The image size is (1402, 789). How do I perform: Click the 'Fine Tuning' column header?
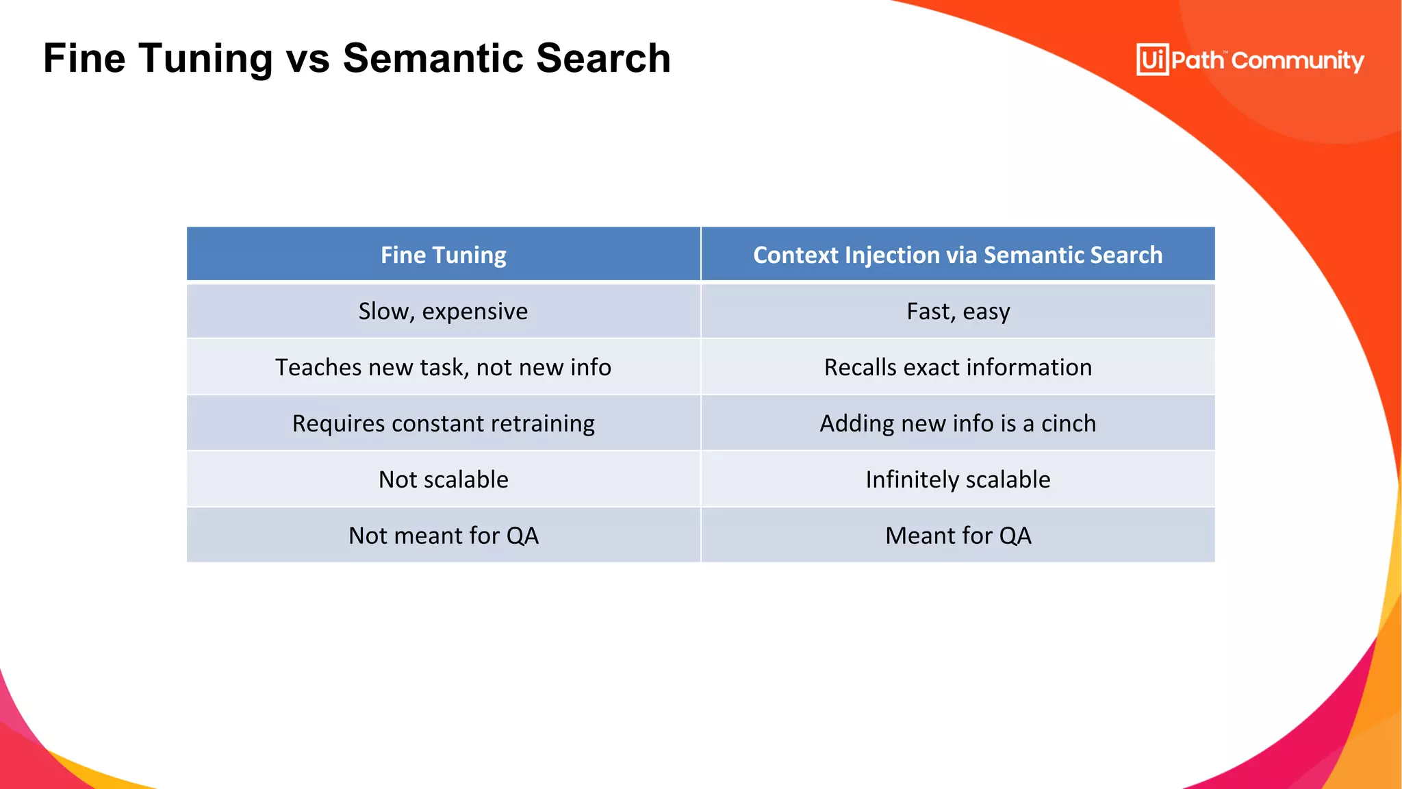coord(444,255)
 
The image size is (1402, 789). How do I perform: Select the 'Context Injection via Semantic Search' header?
coord(958,255)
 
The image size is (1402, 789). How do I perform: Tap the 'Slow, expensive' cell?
coord(444,312)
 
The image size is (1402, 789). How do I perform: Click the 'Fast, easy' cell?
coord(958,312)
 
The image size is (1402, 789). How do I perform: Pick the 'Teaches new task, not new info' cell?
coord(444,368)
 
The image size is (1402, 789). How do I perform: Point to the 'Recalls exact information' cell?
coord(958,368)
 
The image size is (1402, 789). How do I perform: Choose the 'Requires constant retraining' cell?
coord(444,424)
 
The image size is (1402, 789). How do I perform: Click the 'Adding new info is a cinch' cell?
coord(958,424)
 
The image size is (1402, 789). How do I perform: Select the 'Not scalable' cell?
coord(444,479)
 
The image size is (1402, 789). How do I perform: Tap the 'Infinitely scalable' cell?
coord(958,479)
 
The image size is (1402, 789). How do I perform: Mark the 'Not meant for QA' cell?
coord(444,536)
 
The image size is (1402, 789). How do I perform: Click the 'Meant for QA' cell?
coord(958,536)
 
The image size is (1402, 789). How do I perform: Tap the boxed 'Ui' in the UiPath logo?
coord(1152,60)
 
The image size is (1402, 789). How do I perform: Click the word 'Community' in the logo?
coord(1298,61)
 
